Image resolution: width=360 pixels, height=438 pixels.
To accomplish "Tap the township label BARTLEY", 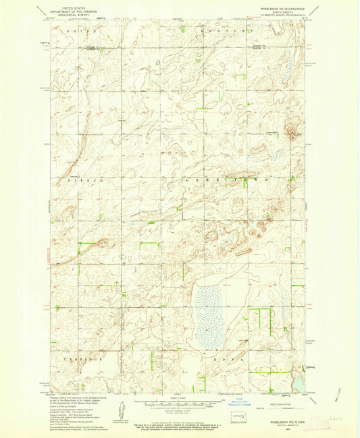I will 226,32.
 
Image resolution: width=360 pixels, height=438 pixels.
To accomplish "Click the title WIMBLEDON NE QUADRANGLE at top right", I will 280,9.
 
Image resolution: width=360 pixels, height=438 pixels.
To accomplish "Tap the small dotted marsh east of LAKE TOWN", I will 277,155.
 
